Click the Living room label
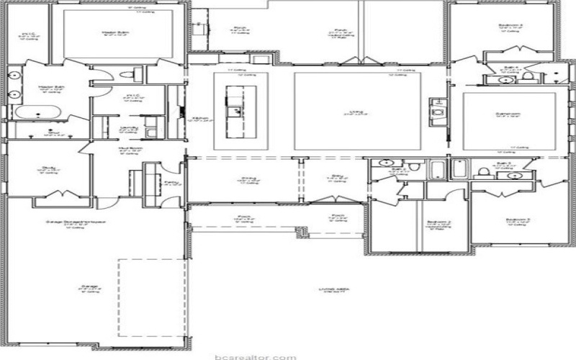click(x=356, y=111)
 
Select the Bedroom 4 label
click(x=510, y=27)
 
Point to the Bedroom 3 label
click(x=518, y=219)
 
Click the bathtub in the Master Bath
click(x=35, y=114)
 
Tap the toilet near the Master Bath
click(x=128, y=73)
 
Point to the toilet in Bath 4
click(x=528, y=76)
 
